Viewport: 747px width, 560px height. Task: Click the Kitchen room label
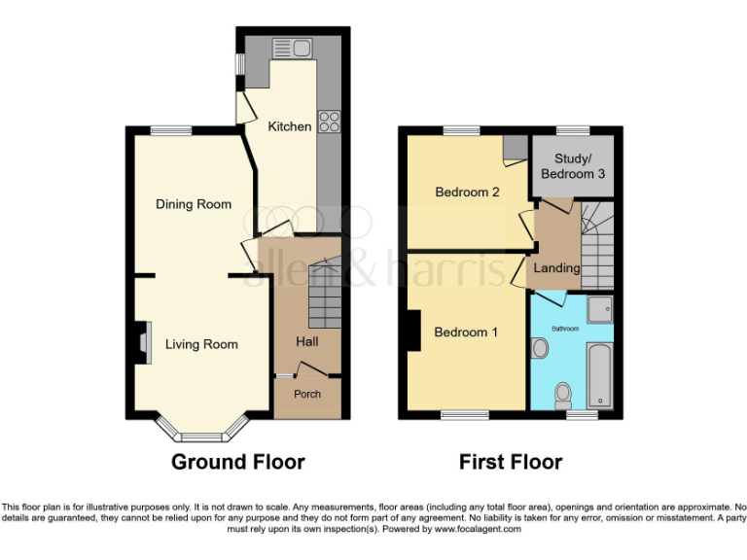coord(290,126)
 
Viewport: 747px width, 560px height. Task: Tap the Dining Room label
coord(195,204)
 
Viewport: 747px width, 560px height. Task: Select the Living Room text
coord(201,344)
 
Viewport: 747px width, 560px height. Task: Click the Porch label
coord(307,394)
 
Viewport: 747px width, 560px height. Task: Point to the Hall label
coord(307,341)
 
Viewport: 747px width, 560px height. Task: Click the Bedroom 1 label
coord(466,332)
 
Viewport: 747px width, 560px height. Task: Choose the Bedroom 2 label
coord(467,192)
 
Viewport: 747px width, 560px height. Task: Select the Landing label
coord(557,267)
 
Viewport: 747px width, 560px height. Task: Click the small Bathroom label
coord(566,329)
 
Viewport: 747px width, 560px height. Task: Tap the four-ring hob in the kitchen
coord(329,122)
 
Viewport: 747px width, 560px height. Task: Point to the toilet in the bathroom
coord(562,394)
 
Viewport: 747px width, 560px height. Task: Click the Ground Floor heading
coord(237,462)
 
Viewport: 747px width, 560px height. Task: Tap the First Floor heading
coord(511,462)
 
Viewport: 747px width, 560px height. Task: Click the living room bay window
coord(202,434)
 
